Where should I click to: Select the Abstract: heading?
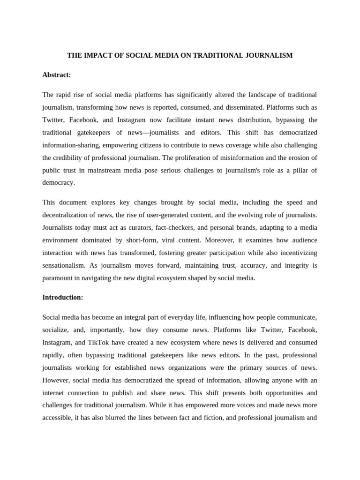[x=57, y=75]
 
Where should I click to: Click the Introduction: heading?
[x=63, y=297]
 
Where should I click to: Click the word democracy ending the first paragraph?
[x=59, y=183]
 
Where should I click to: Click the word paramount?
[x=58, y=278]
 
